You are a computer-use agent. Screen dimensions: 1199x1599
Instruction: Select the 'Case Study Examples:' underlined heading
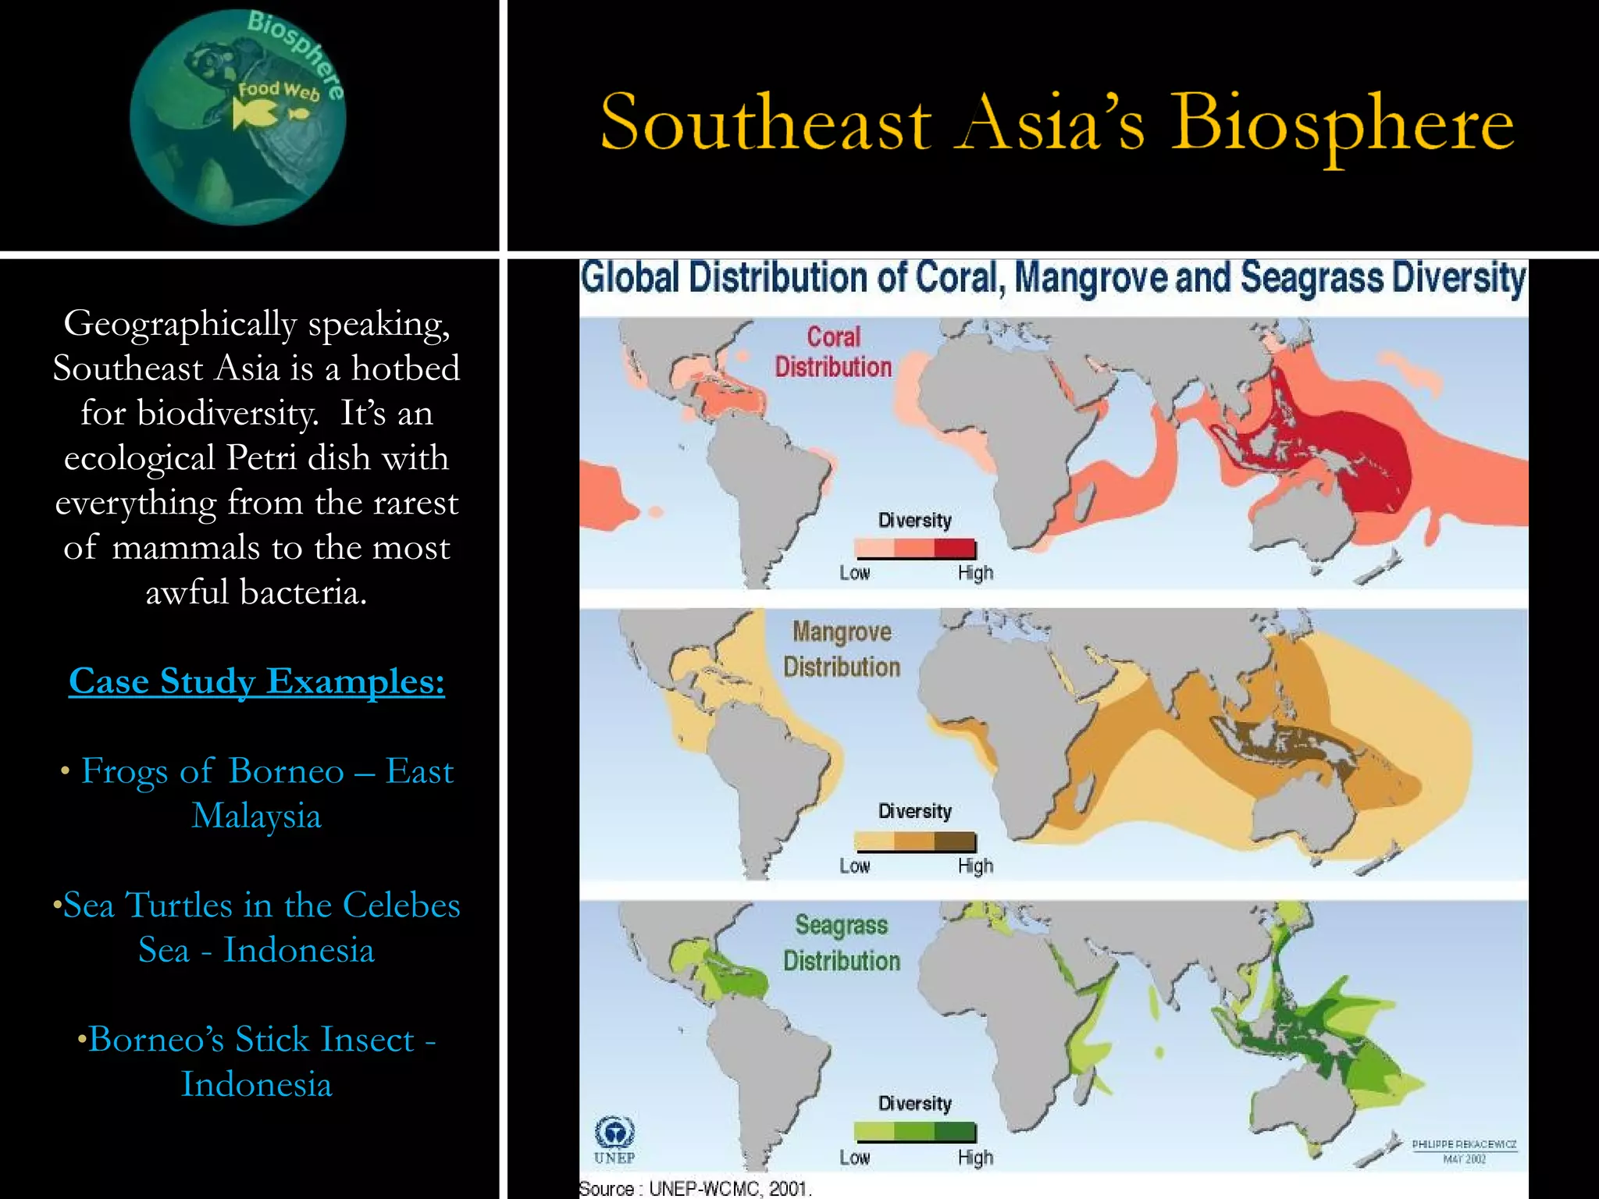tap(256, 681)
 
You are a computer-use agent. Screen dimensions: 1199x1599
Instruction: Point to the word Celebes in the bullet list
tap(401, 905)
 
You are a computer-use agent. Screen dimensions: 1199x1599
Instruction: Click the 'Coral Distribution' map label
tap(833, 352)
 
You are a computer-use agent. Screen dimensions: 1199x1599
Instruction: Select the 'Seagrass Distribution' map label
tap(842, 943)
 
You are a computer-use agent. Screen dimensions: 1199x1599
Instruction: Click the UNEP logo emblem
tap(614, 1131)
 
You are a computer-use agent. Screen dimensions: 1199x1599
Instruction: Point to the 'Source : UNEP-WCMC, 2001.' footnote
tap(695, 1189)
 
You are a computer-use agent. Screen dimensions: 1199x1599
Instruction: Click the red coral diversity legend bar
tap(915, 548)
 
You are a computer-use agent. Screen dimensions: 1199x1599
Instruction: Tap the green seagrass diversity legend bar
tap(915, 1131)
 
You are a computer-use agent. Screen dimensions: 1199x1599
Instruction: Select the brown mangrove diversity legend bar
tap(915, 841)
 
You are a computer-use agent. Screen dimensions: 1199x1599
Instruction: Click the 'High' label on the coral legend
tap(975, 573)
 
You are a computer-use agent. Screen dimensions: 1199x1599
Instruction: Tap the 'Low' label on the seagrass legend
tap(854, 1158)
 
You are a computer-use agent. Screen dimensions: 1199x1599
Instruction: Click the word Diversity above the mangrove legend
tap(915, 812)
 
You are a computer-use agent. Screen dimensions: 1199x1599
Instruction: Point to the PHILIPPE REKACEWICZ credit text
tap(1464, 1144)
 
